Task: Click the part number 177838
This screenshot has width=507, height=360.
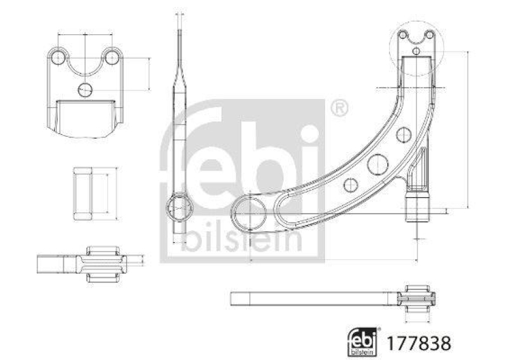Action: click(424, 343)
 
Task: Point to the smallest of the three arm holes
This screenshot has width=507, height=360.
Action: click(402, 134)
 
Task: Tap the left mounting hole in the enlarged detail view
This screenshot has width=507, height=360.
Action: click(58, 58)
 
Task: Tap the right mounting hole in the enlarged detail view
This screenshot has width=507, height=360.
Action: click(112, 58)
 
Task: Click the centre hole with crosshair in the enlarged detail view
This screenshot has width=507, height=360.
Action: click(85, 90)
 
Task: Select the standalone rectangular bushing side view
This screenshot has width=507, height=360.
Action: click(85, 193)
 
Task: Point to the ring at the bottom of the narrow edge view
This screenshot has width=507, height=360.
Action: click(179, 207)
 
